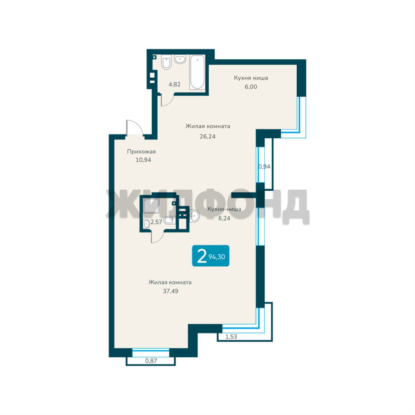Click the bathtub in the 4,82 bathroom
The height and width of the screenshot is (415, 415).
197,72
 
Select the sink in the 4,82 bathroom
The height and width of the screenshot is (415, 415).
180,59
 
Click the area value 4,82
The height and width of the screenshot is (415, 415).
175,85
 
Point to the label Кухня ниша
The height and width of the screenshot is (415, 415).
251,78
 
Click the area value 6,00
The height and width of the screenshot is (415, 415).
251,87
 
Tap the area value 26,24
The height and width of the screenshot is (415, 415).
207,136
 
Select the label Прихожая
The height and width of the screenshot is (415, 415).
141,152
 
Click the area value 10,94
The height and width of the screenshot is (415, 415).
143,160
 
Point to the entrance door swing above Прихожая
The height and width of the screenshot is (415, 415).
134,128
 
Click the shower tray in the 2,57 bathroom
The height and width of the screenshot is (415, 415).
151,206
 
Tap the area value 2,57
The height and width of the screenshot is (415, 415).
156,222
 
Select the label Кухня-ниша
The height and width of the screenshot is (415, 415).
224,209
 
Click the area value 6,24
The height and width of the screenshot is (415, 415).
224,218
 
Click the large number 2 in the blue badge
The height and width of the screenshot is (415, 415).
202,256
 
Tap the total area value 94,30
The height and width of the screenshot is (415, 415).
217,257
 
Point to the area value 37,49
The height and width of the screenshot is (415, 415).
171,291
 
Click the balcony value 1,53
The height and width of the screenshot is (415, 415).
231,337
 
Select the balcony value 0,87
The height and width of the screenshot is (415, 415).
151,361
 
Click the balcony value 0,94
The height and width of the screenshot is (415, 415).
264,166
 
